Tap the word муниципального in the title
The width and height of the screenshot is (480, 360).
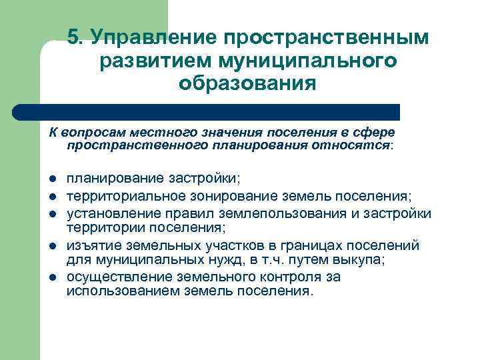[x=313, y=61]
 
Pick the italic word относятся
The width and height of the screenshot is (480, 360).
[x=359, y=145]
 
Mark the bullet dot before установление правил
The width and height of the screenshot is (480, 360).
[x=51, y=213]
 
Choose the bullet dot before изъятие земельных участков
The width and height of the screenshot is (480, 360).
[x=51, y=245]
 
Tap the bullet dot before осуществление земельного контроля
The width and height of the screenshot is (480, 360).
[x=51, y=277]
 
